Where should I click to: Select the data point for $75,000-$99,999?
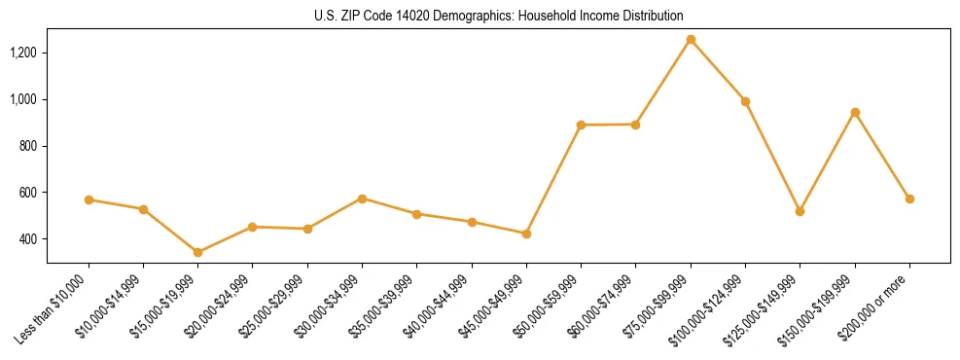[x=691, y=40]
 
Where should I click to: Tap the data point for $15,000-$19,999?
[x=198, y=252]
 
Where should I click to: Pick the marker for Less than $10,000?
[x=89, y=199]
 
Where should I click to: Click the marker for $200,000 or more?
[x=909, y=198]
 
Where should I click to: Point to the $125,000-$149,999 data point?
[x=800, y=211]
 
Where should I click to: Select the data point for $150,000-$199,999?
[x=855, y=113]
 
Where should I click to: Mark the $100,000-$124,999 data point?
[x=745, y=101]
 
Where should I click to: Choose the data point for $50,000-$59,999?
[x=581, y=126]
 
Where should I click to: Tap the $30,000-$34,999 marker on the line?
[x=362, y=198]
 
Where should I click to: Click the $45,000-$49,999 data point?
[x=526, y=234]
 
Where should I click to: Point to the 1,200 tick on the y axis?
[x=24, y=53]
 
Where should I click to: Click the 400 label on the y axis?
[x=29, y=239]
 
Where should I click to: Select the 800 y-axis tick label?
[x=29, y=146]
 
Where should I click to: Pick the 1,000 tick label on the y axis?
[x=24, y=99]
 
